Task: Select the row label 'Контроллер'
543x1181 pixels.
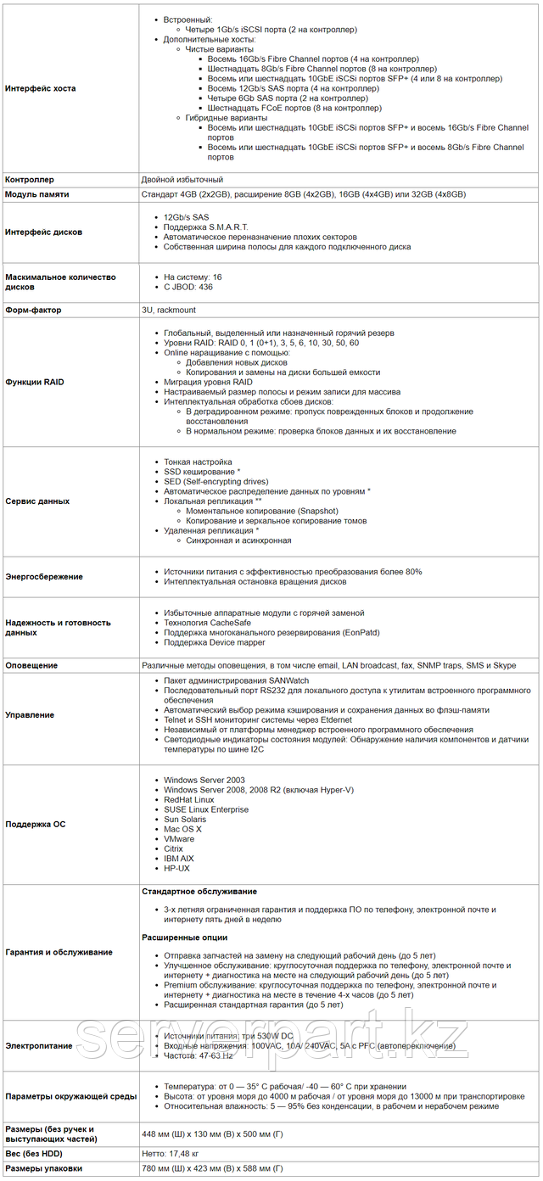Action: tap(30, 180)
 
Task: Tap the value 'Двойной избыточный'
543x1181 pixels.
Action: tap(182, 180)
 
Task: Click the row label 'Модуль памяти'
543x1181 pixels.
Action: tap(37, 194)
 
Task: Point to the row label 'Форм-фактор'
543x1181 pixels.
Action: tap(34, 311)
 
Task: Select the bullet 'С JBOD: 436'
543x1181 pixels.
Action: tap(188, 287)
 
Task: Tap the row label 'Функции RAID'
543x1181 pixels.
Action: tap(35, 382)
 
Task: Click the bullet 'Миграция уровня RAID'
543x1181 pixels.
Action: tap(208, 382)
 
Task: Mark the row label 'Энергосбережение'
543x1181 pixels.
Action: tap(44, 577)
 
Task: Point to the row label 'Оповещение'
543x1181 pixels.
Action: tap(31, 665)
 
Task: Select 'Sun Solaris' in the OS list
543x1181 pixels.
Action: tap(185, 819)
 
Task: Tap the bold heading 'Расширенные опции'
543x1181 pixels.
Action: tap(184, 938)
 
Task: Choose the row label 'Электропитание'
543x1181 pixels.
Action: tap(39, 1046)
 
